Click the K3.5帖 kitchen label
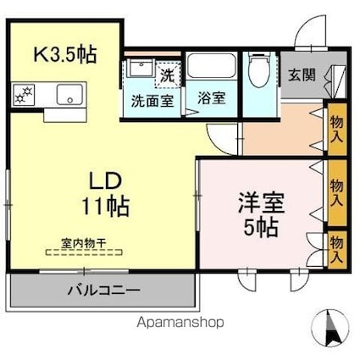tap(65, 54)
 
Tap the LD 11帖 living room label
tap(106, 194)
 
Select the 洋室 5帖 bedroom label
tap(261, 214)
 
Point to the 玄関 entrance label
tap(302, 75)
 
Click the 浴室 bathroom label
tap(212, 98)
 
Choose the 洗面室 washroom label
tap(152, 101)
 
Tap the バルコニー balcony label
tap(103, 290)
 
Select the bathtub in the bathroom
tap(212, 65)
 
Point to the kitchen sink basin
tap(69, 94)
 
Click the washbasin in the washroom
tap(141, 68)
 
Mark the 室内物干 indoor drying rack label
tap(84, 243)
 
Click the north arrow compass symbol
tap(330, 328)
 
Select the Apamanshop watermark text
tap(180, 323)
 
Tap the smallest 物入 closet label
tap(337, 249)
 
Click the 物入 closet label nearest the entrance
tap(337, 130)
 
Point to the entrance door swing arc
tap(306, 26)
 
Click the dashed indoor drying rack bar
tap(84, 252)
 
